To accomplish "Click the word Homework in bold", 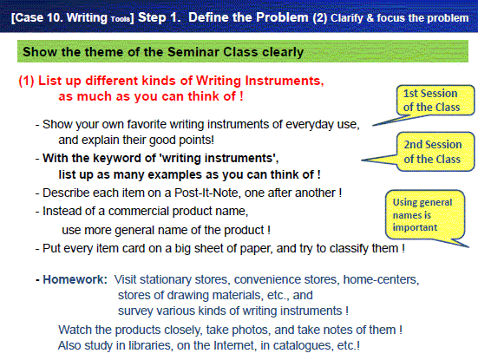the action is point(75,279).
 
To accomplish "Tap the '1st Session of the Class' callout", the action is point(435,101).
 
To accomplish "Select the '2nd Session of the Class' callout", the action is point(435,152).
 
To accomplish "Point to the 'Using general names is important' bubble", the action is point(425,215).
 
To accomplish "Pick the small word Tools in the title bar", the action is point(121,19).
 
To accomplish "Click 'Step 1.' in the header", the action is point(159,17).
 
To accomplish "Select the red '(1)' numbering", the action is point(27,81).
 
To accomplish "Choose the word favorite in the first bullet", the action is point(147,124).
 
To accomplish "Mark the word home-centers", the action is point(381,279).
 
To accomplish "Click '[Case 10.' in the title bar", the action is point(37,17).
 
